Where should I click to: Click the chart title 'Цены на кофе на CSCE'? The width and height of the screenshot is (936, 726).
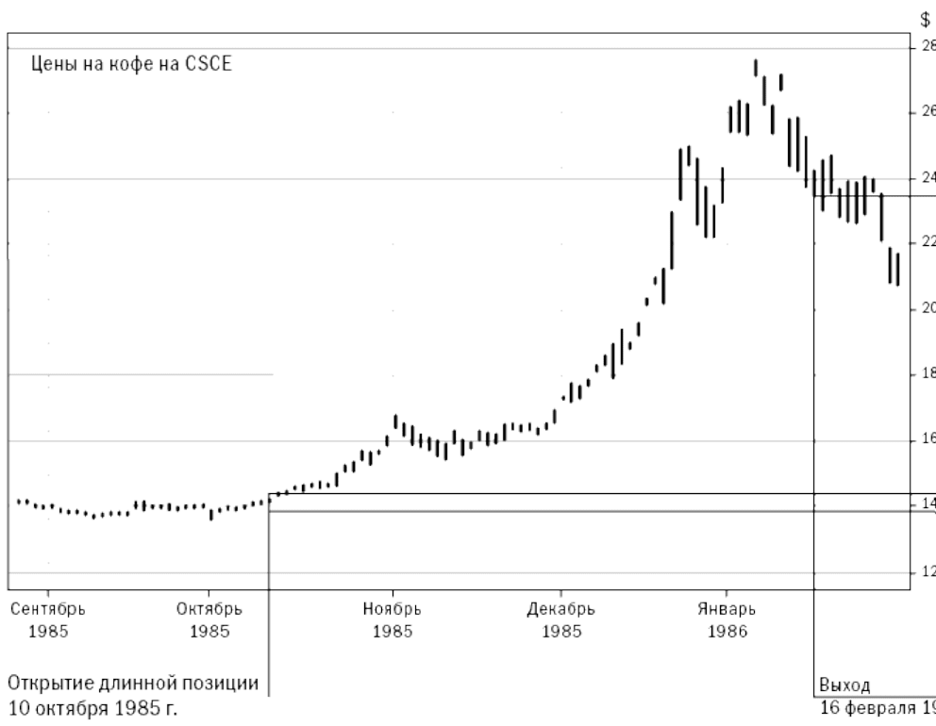pos(131,67)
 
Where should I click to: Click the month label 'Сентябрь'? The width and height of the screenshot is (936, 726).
pos(48,609)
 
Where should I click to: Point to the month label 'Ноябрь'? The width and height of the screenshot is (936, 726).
pos(392,609)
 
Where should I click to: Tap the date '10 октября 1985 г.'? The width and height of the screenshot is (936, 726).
pos(92,706)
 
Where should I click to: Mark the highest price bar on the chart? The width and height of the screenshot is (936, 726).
pos(756,67)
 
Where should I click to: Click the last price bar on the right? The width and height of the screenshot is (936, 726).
pos(897,269)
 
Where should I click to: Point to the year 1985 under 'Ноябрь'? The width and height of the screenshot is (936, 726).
pos(392,630)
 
